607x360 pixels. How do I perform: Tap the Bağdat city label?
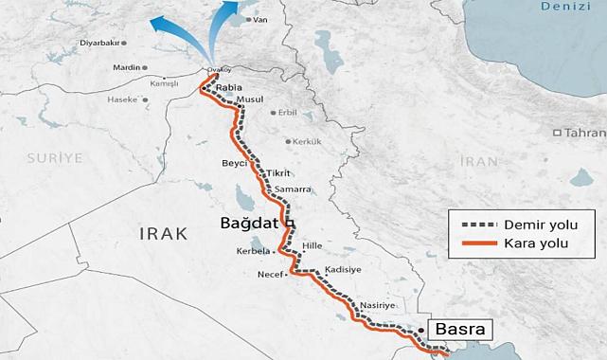(252, 224)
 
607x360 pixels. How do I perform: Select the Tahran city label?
(584, 134)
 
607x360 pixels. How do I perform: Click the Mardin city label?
(125, 68)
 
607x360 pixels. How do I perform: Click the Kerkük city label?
(305, 141)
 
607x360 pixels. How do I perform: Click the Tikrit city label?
(278, 173)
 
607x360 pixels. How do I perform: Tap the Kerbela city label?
(254, 252)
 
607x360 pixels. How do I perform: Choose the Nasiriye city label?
(375, 304)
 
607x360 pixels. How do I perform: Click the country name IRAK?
(164, 233)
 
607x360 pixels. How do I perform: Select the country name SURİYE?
(55, 154)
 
